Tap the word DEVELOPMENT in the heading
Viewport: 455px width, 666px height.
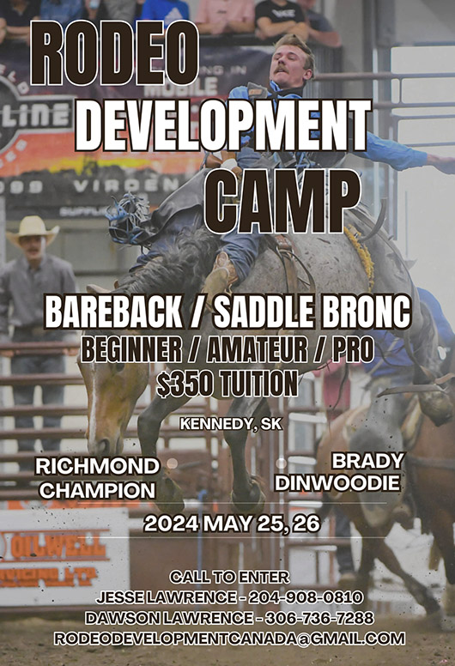223,125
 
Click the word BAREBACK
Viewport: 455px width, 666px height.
113,312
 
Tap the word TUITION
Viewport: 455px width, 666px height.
257,382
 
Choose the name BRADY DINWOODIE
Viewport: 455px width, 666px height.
337,471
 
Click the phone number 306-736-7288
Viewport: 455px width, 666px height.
318,618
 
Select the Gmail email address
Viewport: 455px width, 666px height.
229,639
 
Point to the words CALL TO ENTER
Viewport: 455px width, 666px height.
229,577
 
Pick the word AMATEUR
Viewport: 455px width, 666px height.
255,349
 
